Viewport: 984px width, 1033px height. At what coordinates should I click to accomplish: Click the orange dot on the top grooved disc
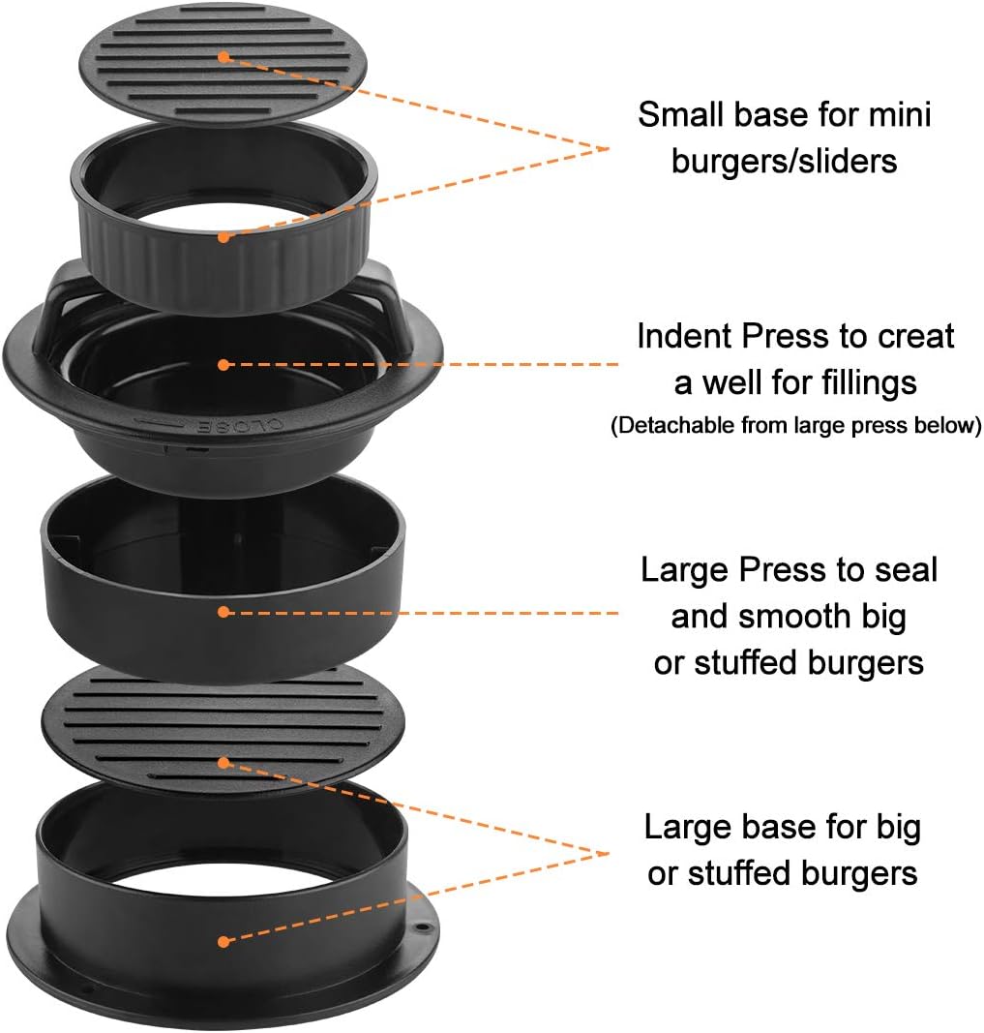[224, 57]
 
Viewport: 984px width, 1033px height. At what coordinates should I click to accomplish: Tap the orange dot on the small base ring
[224, 236]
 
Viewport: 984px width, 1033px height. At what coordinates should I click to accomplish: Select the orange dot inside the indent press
[224, 364]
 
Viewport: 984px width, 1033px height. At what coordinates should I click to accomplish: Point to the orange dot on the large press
[224, 612]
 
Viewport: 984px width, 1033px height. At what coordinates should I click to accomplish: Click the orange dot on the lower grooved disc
[224, 763]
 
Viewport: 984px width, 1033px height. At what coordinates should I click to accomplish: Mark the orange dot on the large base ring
[224, 941]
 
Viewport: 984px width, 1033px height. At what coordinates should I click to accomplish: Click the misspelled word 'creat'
[915, 336]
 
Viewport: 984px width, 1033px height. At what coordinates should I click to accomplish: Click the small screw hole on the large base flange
[423, 928]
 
